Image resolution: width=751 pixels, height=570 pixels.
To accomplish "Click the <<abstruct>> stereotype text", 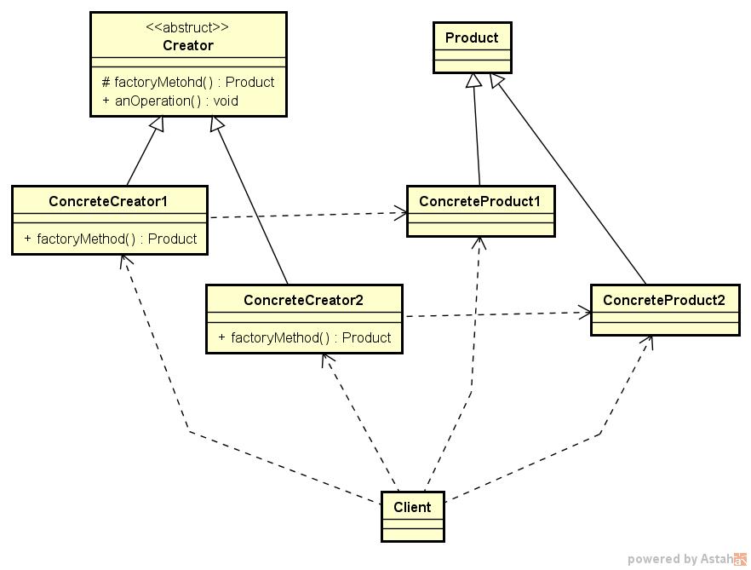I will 188,26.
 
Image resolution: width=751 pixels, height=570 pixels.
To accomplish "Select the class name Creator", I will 188,45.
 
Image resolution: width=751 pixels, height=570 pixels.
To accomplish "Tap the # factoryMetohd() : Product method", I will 188,83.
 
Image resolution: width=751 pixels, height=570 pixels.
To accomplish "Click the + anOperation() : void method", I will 170,101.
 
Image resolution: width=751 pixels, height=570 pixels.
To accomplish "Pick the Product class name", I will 472,37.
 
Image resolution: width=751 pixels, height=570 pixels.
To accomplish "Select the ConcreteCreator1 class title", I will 108,201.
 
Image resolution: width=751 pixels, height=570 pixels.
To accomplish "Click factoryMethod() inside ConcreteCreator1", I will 111,239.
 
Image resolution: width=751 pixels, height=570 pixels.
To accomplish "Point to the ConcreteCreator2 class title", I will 303,300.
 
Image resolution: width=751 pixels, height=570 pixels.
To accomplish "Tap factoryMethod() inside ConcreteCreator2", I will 305,337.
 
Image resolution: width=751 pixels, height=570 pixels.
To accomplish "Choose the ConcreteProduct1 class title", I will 480,201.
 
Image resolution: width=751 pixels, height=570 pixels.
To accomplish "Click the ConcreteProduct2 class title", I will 664,300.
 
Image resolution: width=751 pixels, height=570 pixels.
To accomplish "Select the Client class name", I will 412,507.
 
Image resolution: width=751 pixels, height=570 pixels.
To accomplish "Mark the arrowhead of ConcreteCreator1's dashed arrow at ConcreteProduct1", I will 401,212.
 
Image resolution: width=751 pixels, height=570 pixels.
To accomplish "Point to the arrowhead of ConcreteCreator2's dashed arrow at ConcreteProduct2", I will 586,312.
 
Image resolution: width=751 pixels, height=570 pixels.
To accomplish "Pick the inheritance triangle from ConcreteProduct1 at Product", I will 473,81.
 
